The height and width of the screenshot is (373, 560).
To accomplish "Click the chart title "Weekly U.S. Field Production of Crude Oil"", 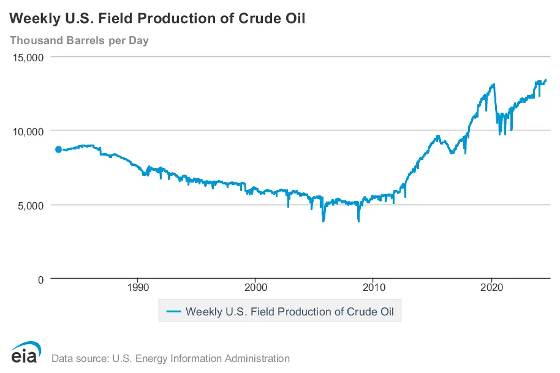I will click(x=157, y=19).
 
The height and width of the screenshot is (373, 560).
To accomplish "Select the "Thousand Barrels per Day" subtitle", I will click(x=79, y=41).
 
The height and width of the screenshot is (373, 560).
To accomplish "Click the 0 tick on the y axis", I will click(x=40, y=279).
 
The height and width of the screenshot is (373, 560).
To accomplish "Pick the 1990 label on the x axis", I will click(x=137, y=287).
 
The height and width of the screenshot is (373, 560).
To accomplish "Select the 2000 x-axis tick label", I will click(x=255, y=287).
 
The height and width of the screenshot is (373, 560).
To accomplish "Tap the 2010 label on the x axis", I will click(x=374, y=287).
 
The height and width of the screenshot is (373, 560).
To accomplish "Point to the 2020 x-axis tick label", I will click(x=492, y=287).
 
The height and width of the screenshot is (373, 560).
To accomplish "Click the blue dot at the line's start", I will click(x=58, y=149).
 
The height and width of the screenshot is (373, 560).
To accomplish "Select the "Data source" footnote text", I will click(x=170, y=358).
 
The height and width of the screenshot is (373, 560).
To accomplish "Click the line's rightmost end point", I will click(x=546, y=80).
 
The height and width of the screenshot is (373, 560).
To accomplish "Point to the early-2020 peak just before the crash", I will click(x=494, y=85).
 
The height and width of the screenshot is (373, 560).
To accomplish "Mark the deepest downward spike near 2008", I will click(x=358, y=220).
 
